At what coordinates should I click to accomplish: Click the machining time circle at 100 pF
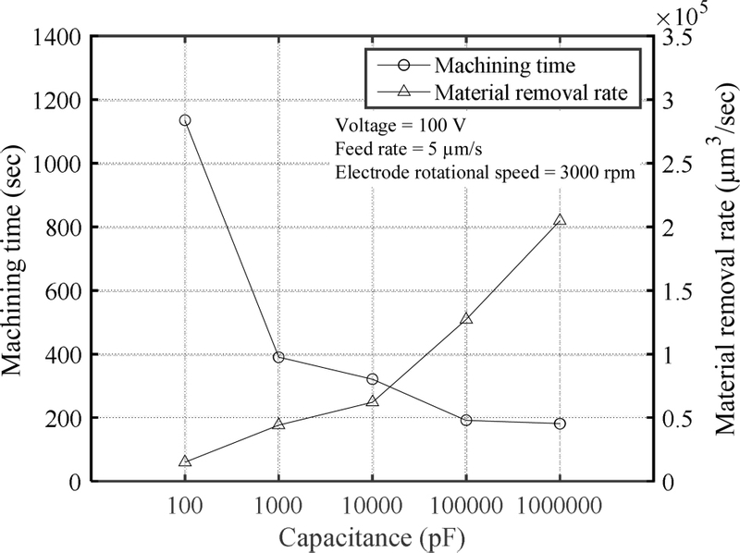(x=185, y=120)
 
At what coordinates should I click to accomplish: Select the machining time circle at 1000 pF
(x=278, y=357)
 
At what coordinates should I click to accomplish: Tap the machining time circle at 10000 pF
(x=372, y=379)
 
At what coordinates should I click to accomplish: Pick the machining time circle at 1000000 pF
(x=560, y=424)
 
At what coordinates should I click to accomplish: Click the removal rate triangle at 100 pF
(x=185, y=461)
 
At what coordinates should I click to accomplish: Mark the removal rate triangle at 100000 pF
(x=466, y=319)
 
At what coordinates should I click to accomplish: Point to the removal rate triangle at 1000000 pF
(x=560, y=221)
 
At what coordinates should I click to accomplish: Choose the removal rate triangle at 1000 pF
(x=278, y=424)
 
